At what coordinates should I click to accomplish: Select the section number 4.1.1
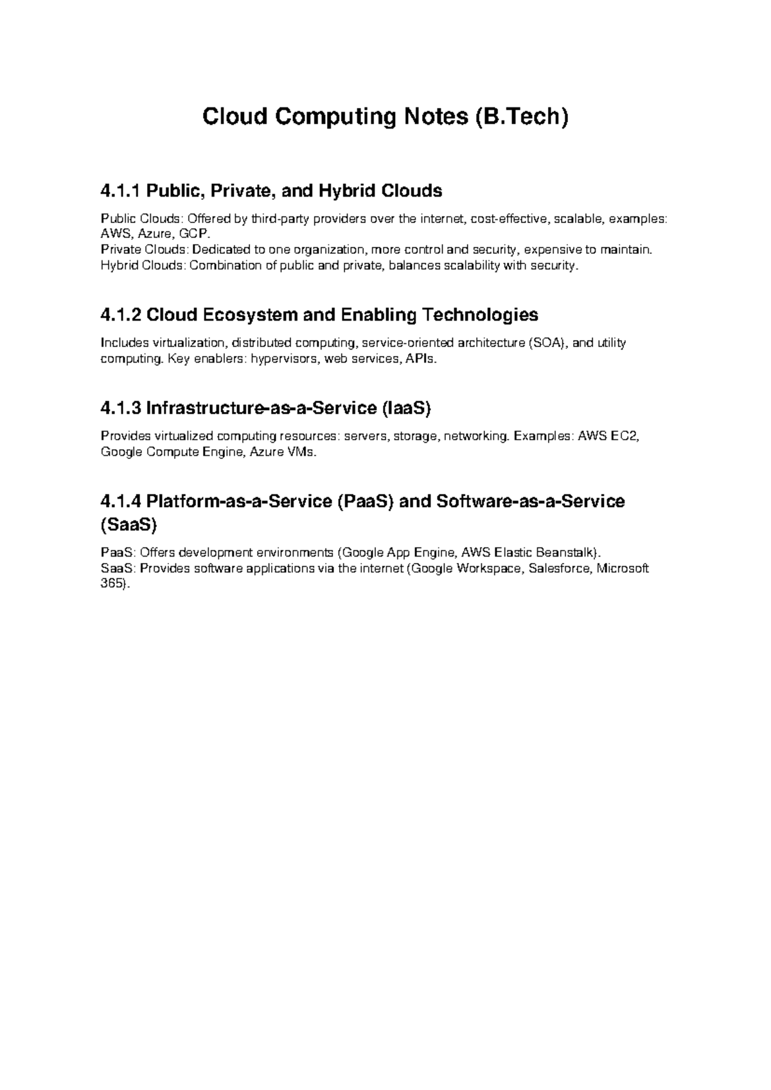(121, 191)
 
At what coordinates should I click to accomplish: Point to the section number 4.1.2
(121, 315)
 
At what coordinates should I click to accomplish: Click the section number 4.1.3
(121, 408)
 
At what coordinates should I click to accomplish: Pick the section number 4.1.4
(121, 501)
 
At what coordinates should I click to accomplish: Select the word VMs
(301, 451)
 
